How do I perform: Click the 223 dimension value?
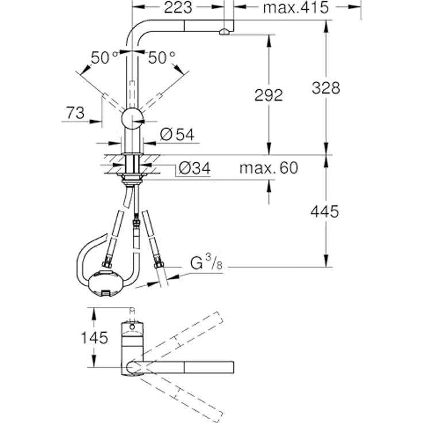[x=178, y=7]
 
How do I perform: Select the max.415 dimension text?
[x=295, y=7]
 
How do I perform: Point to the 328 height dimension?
[x=326, y=88]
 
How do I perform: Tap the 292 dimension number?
[x=268, y=95]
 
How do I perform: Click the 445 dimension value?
[x=325, y=211]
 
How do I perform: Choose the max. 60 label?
[x=269, y=168]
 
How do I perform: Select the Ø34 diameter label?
[x=194, y=168]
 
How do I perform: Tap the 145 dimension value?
[x=94, y=337]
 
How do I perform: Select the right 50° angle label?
[x=161, y=57]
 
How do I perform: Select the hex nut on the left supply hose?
[x=107, y=265]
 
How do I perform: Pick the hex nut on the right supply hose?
[x=159, y=265]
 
